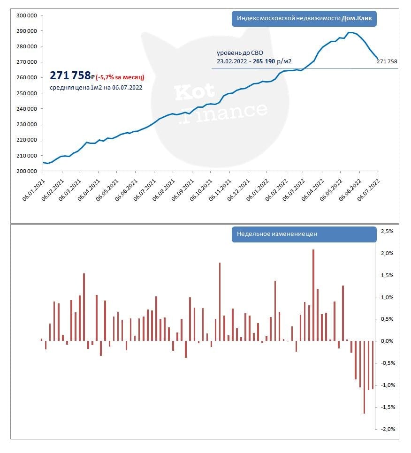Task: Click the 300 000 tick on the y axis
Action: tap(27, 15)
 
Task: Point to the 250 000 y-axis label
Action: tap(27, 93)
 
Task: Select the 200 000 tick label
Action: tap(27, 171)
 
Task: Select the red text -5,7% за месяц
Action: tap(120, 77)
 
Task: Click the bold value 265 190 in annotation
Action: tap(263, 61)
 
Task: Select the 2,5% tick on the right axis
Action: tap(387, 232)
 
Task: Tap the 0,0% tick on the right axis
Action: tap(387, 341)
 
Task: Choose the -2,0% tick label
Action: tap(387, 429)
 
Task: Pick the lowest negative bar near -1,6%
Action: tap(365, 377)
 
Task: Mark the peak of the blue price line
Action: tap(349, 32)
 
